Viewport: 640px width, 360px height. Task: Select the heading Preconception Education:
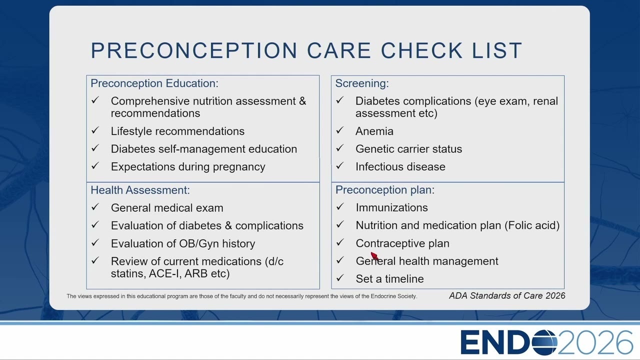tap(154, 83)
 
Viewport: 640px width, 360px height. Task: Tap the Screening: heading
tap(362, 83)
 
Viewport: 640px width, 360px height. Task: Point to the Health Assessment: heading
tap(140, 190)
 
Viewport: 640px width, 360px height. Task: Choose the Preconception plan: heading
tap(385, 190)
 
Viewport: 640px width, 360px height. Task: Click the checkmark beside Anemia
tap(339, 130)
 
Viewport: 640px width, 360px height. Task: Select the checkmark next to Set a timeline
tap(339, 277)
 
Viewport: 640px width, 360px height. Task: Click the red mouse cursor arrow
tap(374, 256)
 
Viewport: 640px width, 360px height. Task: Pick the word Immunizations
tap(391, 207)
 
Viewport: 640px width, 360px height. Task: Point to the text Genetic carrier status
tap(408, 149)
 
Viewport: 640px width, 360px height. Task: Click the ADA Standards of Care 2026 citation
tap(507, 295)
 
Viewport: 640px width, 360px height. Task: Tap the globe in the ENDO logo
tap(544, 342)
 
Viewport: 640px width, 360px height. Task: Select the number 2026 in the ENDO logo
tap(595, 342)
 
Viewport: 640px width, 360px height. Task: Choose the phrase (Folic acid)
tap(532, 225)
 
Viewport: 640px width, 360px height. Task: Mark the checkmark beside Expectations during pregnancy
tap(95, 165)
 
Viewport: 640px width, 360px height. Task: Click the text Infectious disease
tap(400, 167)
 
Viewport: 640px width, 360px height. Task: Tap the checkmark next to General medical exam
tap(95, 207)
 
